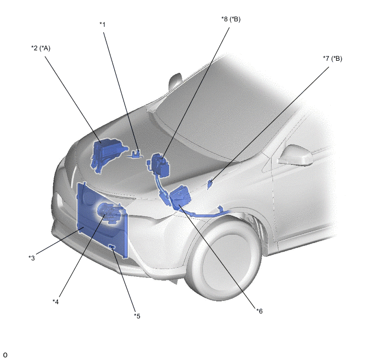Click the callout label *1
pyautogui.click(x=103, y=25)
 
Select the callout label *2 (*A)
pyautogui.click(x=41, y=48)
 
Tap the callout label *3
pyautogui.click(x=32, y=258)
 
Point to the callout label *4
pyautogui.click(x=56, y=301)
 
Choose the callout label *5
pyautogui.click(x=137, y=316)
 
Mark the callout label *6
pyautogui.click(x=260, y=311)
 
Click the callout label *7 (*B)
pyautogui.click(x=333, y=59)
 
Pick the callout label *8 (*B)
pyautogui.click(x=231, y=19)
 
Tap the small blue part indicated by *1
pyautogui.click(x=136, y=154)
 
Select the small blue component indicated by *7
pyautogui.click(x=209, y=184)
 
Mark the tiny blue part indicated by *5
pyautogui.click(x=111, y=247)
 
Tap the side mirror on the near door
pyautogui.click(x=296, y=155)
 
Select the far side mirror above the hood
pyautogui.click(x=175, y=82)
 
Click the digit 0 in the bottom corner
pyautogui.click(x=5, y=355)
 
